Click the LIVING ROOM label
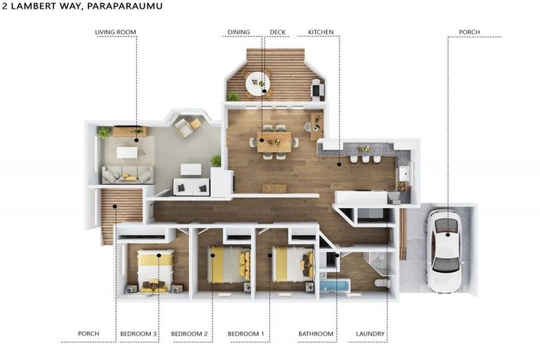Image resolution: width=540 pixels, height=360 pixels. [x=115, y=32]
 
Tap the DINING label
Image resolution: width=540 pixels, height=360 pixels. [x=238, y=32]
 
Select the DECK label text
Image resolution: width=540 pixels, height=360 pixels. [x=278, y=32]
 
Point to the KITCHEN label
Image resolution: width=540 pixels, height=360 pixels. [x=321, y=32]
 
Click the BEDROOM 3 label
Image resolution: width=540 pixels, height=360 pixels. [x=139, y=334]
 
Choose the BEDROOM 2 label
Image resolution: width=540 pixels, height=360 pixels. [x=189, y=334]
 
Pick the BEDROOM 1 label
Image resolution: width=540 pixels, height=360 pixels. [x=246, y=334]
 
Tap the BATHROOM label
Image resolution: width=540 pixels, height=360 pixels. [x=316, y=334]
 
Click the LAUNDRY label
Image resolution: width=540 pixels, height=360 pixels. [x=371, y=334]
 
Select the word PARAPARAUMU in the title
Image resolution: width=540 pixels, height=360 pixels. [x=124, y=6]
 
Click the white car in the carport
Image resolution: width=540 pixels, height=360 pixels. [x=445, y=251]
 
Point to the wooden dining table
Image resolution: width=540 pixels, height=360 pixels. [x=274, y=141]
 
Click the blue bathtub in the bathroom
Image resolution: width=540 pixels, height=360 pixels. [x=335, y=287]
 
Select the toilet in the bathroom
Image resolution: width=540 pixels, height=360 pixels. [x=382, y=283]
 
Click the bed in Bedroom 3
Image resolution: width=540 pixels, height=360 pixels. [x=155, y=271]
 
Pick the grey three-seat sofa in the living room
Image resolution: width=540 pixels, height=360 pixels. [x=127, y=174]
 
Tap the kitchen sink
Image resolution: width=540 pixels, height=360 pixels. [x=404, y=173]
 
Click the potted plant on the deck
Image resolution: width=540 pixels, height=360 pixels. [x=233, y=96]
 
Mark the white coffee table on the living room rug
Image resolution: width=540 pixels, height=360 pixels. [x=127, y=153]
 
